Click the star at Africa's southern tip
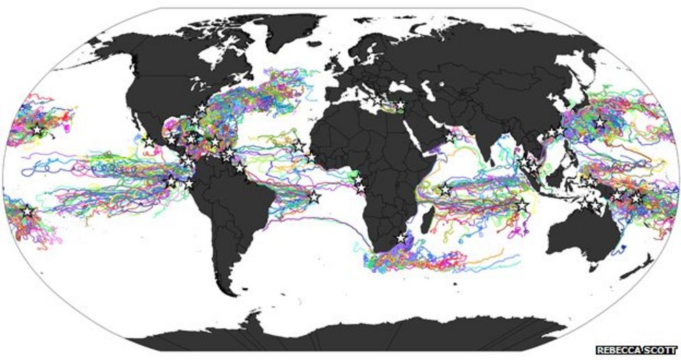tap(401, 238)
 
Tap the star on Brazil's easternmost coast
tap(314, 197)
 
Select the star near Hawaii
tap(36, 130)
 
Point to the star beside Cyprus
tap(401, 106)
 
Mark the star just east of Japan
tap(599, 123)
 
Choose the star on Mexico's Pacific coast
tap(149, 142)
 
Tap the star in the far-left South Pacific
tap(27, 210)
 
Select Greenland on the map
tap(276, 35)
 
